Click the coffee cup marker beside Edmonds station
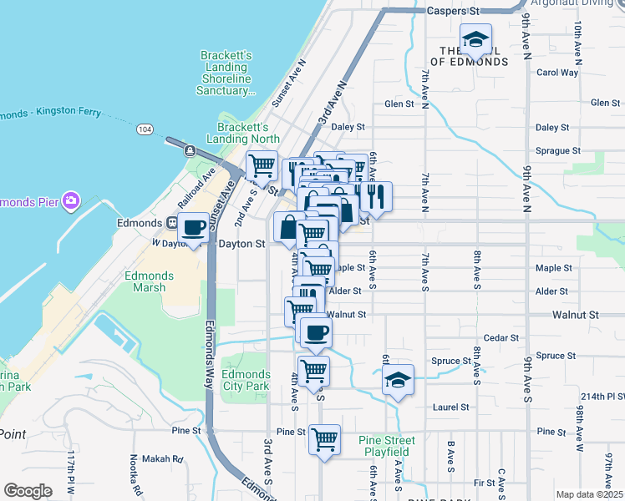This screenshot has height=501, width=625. point(194,227)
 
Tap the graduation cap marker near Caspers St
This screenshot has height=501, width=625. point(475,39)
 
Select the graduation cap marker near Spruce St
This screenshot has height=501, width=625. point(399,381)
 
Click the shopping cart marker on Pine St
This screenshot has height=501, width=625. point(324,438)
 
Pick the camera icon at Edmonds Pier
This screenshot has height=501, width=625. point(72,200)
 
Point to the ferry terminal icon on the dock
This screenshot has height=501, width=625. point(191,151)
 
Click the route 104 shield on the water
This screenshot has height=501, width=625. point(145,129)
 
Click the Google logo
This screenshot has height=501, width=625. point(28,490)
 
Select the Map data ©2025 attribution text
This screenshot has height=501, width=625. point(589,494)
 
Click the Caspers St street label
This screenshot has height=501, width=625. point(454,13)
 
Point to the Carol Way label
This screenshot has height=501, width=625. point(557,73)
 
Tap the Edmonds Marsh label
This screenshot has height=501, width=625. point(149,281)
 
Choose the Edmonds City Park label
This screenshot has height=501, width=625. point(246,381)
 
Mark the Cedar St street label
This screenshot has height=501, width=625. point(501,337)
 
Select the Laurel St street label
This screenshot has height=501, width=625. point(451,407)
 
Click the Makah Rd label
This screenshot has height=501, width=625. point(168,458)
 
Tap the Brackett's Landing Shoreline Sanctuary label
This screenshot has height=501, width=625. point(226,73)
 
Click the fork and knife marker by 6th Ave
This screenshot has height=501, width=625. point(375,197)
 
